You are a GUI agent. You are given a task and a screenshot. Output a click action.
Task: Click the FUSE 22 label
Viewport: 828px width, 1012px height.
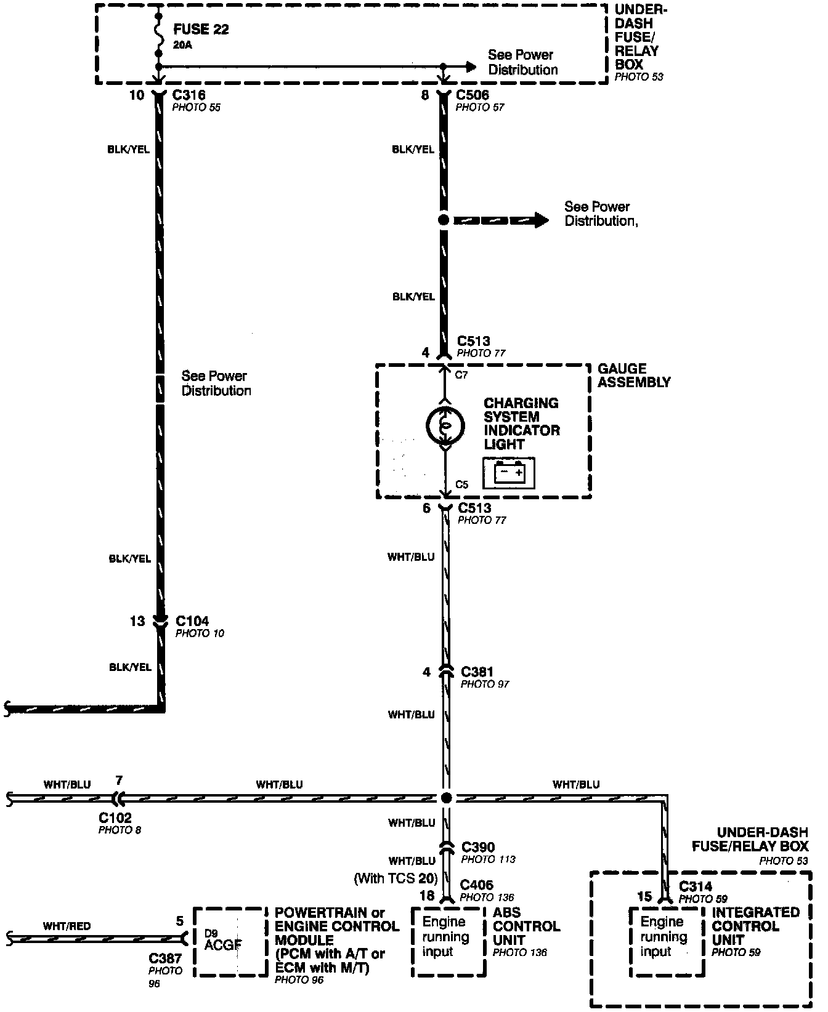point(201,29)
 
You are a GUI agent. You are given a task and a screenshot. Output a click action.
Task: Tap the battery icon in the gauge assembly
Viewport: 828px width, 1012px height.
point(509,473)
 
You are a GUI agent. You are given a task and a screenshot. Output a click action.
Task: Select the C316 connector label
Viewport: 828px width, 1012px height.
point(189,95)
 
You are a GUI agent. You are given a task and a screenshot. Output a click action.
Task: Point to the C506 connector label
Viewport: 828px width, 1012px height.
point(473,95)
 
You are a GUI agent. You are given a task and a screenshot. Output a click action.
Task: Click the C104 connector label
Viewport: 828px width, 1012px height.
point(192,621)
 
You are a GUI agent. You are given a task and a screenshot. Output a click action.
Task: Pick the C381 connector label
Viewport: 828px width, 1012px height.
point(477,672)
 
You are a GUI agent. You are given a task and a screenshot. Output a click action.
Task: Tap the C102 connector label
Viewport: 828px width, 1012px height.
point(115,818)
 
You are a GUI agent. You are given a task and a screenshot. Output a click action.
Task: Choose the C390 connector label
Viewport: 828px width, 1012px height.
point(477,847)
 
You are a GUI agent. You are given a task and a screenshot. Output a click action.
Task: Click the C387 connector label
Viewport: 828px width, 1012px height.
point(165,958)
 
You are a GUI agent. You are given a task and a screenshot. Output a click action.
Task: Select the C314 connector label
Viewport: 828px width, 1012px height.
point(696,886)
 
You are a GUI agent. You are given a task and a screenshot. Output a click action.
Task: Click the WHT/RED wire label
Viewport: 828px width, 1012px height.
point(67,926)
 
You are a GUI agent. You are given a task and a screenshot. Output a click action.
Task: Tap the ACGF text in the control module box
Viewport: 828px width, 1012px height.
point(223,946)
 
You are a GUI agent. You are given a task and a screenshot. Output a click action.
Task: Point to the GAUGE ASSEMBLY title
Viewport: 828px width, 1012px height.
point(634,375)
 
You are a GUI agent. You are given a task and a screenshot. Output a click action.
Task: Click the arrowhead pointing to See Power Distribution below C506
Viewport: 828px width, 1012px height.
point(540,220)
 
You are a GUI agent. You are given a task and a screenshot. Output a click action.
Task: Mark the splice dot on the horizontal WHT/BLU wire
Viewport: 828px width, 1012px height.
point(445,798)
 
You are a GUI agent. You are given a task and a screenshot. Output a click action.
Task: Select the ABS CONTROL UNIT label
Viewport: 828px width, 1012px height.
point(526,926)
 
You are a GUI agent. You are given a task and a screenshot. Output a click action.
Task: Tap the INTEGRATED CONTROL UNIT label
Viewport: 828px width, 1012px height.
point(756,926)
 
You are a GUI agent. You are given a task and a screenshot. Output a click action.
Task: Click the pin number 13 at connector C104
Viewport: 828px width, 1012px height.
point(137,621)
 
